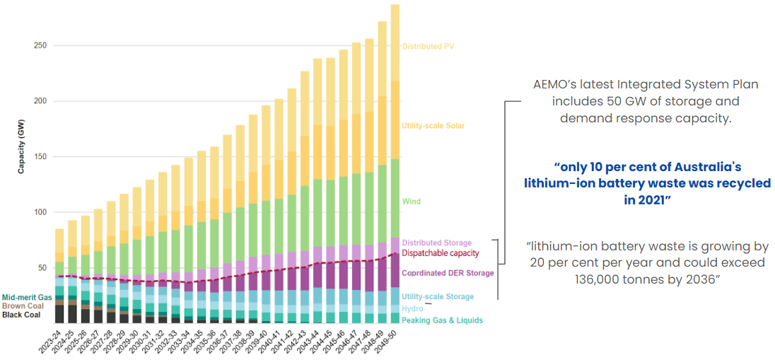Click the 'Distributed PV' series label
428,47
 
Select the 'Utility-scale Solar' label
433,126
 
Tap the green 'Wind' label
411,202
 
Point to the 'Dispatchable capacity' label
441,253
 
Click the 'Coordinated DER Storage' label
448,273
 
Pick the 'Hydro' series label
412,309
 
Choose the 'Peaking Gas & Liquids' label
442,320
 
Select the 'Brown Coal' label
22,306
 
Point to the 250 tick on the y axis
40,46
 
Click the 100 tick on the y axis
40,213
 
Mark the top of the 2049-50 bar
395,6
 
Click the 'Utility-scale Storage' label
438,297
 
